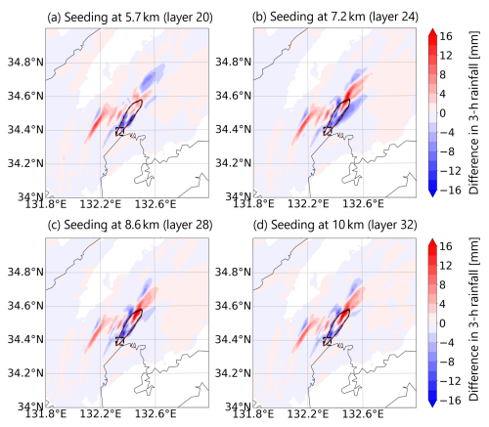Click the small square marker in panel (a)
click(x=119, y=131)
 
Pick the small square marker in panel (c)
click(x=119, y=341)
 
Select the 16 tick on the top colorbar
click(x=449, y=36)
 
